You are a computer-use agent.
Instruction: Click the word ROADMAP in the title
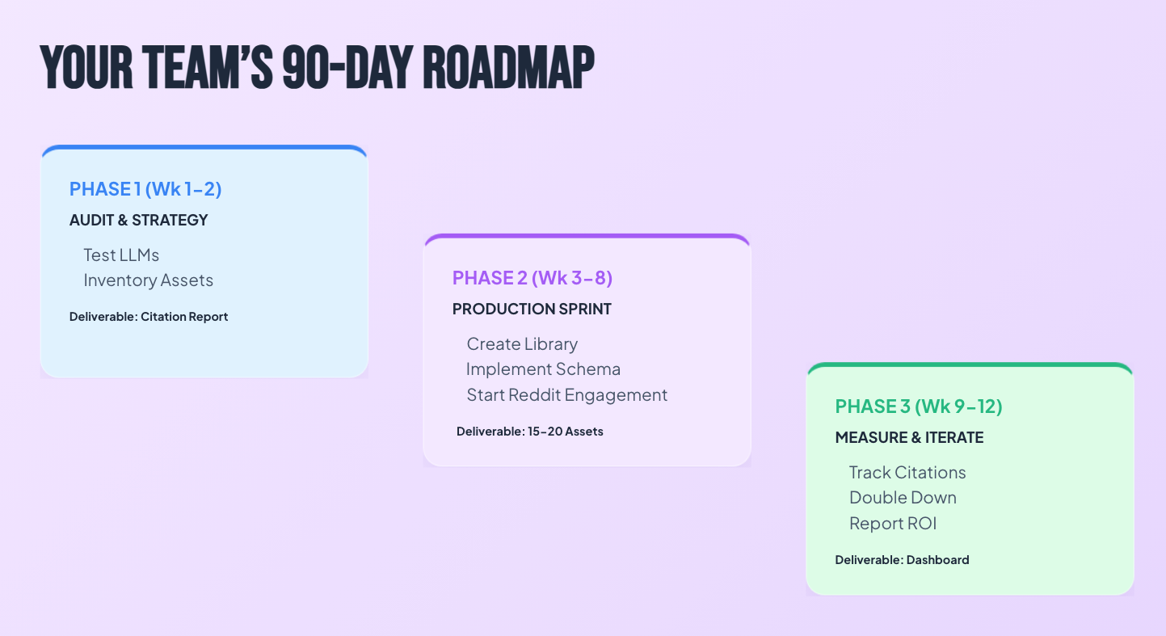coord(508,68)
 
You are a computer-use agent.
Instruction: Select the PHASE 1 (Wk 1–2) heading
coord(145,189)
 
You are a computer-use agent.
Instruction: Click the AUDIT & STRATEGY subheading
coord(138,220)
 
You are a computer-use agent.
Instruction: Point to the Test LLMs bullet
coord(121,255)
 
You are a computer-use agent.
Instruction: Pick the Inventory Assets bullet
coord(149,280)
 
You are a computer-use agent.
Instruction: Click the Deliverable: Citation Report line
coord(149,317)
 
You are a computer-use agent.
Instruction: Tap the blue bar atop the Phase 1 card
coord(204,148)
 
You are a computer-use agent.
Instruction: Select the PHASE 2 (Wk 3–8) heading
coord(532,278)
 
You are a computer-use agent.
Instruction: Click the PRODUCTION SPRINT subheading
coord(532,310)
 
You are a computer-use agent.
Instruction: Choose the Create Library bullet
coord(522,344)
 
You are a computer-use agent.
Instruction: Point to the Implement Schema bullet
coord(544,369)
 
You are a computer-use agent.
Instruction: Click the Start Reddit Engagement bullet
coord(567,394)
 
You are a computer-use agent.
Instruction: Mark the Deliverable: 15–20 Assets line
coord(530,432)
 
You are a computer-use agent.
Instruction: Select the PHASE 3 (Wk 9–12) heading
coord(919,406)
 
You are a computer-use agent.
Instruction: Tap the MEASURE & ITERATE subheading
coord(909,438)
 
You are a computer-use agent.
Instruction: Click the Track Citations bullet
coord(907,473)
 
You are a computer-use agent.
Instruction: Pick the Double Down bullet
coord(903,498)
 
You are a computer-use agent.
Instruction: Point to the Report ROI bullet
coord(893,523)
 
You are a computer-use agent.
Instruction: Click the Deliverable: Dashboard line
coord(902,560)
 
